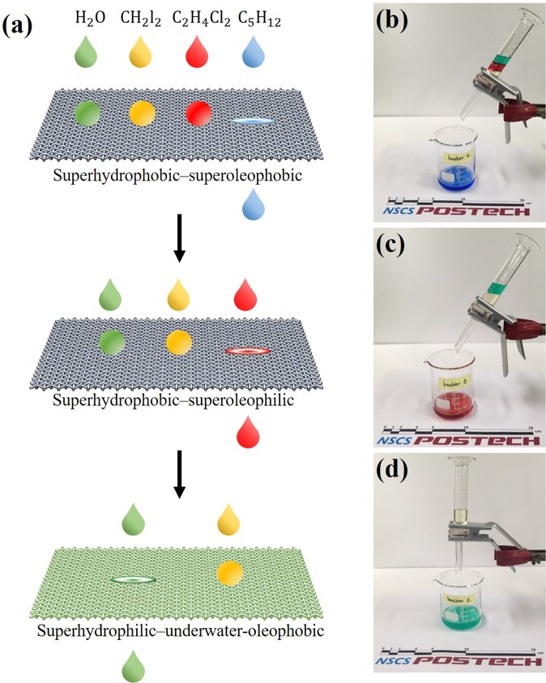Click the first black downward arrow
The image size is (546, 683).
tap(180, 242)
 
